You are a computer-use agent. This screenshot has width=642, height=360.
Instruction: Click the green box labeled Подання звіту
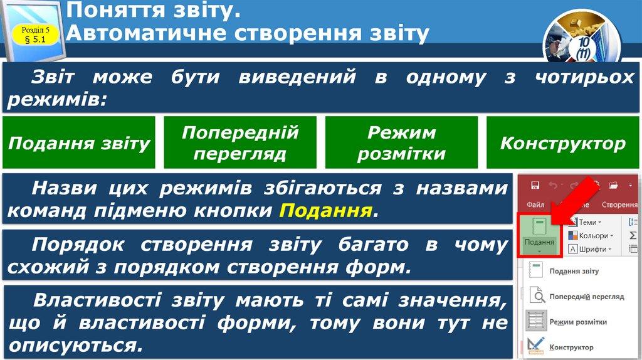pyautogui.click(x=79, y=143)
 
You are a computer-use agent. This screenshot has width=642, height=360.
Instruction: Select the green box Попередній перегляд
pyautogui.click(x=240, y=143)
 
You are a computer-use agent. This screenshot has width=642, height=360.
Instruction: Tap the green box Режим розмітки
pyautogui.click(x=401, y=143)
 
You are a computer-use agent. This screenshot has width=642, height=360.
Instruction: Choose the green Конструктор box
pyautogui.click(x=562, y=143)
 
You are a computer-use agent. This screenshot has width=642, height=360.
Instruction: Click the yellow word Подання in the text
pyautogui.click(x=325, y=210)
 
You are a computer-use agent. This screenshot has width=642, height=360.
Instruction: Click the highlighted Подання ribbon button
pyautogui.click(x=539, y=235)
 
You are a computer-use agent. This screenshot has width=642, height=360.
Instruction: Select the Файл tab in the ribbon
pyautogui.click(x=535, y=204)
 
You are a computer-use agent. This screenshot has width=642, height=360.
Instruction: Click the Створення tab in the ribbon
pyautogui.click(x=619, y=204)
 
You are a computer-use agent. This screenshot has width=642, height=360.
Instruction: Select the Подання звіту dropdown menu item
pyautogui.click(x=573, y=272)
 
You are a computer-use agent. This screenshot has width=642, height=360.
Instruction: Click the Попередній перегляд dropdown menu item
pyautogui.click(x=586, y=296)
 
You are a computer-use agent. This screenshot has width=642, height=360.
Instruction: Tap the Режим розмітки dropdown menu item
pyautogui.click(x=577, y=322)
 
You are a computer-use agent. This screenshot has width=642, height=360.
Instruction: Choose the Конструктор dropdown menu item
pyautogui.click(x=571, y=347)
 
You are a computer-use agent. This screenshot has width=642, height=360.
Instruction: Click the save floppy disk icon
pyautogui.click(x=535, y=185)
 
